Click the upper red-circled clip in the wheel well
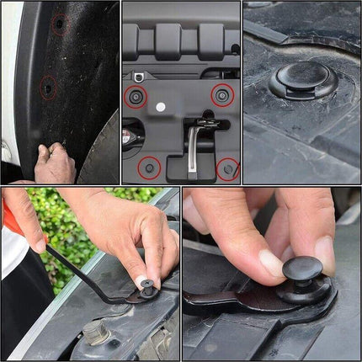pyautogui.click(x=58, y=24)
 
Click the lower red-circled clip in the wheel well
pyautogui.click(x=49, y=87)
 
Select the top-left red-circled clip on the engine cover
pyautogui.click(x=136, y=97)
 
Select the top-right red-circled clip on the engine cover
pyautogui.click(x=222, y=94)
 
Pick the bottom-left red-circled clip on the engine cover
pyautogui.click(x=149, y=167)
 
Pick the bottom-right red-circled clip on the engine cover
pyautogui.click(x=227, y=168)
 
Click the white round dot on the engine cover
pyautogui.click(x=161, y=108)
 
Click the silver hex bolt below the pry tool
pyautogui.click(x=96, y=334)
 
